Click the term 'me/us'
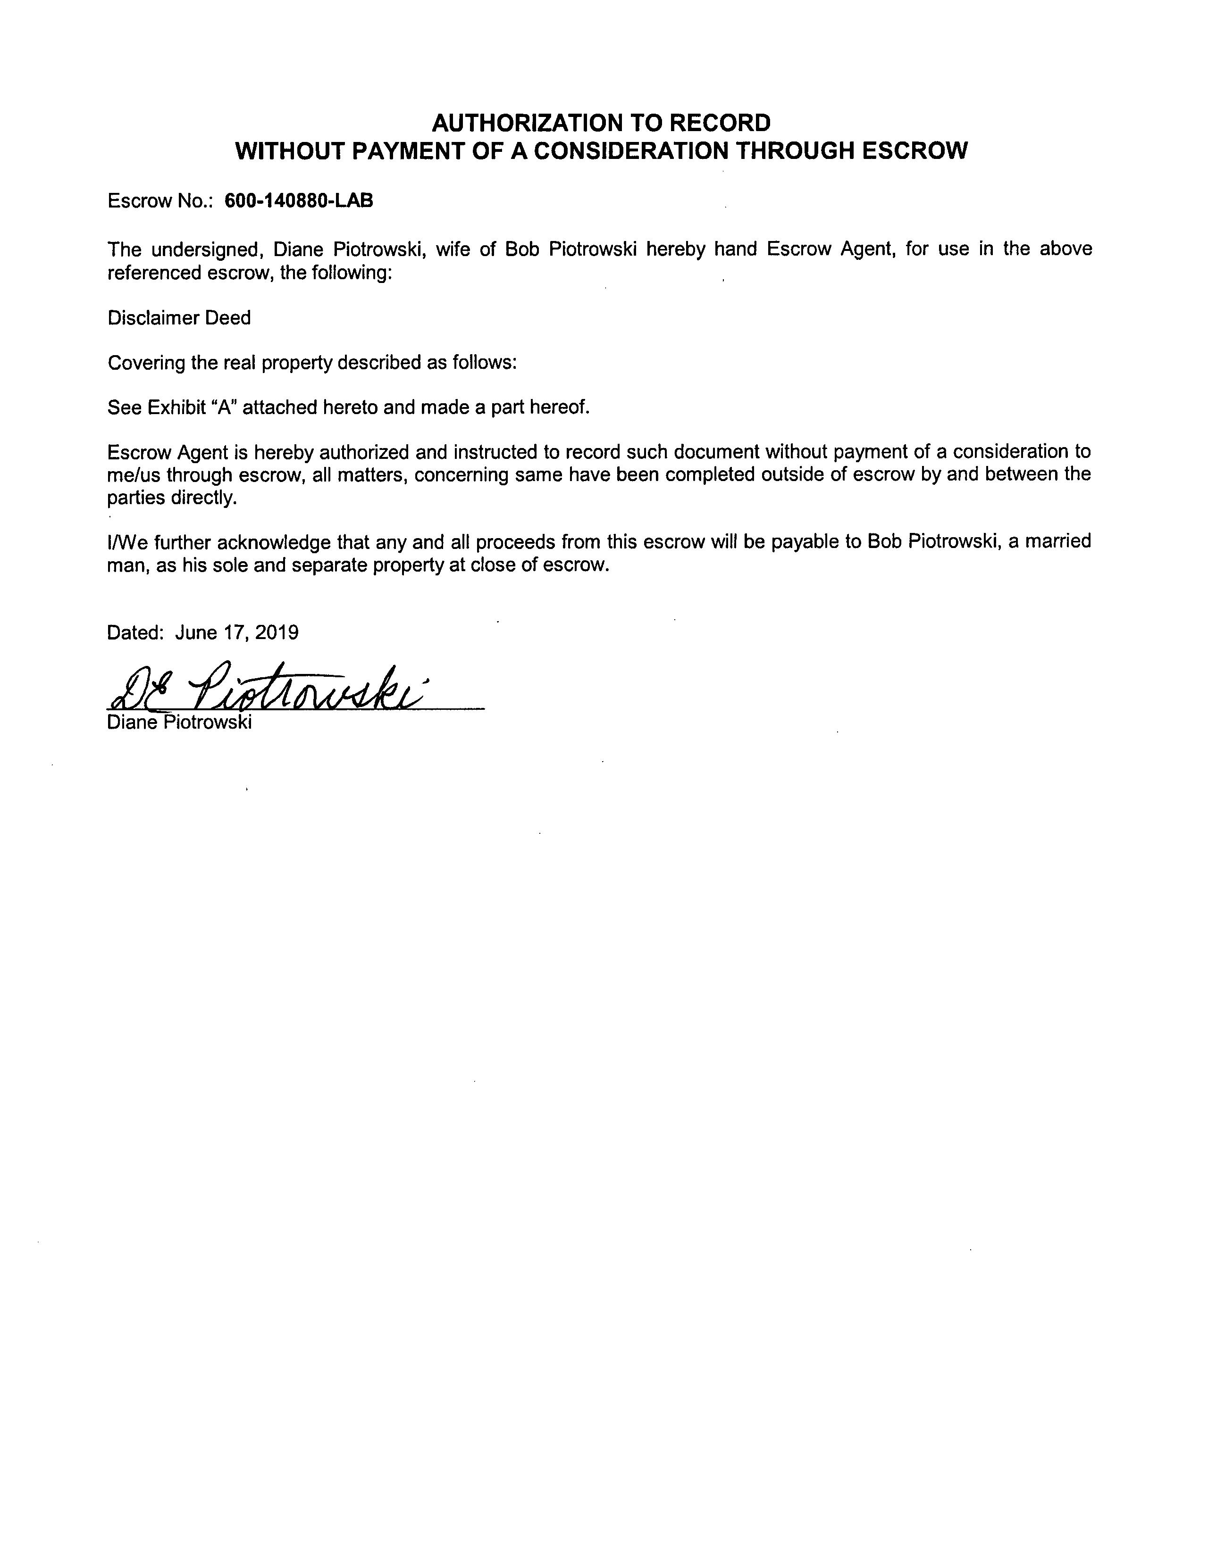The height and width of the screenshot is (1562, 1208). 134,475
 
